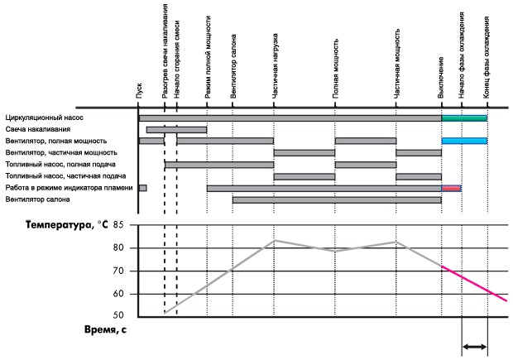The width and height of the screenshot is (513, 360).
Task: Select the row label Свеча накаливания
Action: coord(37,130)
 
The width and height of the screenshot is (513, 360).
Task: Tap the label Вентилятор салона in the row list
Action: coord(38,199)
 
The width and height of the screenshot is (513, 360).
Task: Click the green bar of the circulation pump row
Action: coord(464,118)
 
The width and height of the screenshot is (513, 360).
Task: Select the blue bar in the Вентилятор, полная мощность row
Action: coord(464,141)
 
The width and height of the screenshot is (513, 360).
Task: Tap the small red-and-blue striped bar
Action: coord(451,188)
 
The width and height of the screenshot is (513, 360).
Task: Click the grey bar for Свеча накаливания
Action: coord(176,130)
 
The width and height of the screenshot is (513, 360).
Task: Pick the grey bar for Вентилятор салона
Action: coord(337,199)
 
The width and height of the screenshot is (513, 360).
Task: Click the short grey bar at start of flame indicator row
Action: coord(142,188)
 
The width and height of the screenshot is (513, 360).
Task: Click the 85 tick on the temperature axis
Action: coord(118,225)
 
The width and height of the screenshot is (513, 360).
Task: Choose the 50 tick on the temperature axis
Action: coord(118,316)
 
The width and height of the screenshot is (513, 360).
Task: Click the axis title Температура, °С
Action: coord(67,225)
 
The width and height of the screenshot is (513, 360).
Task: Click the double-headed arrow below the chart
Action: coord(474,348)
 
